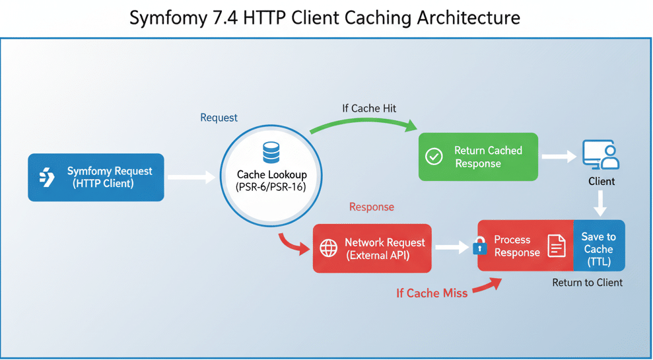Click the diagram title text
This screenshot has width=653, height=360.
pyautogui.click(x=325, y=17)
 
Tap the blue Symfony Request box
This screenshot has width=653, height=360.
pyautogui.click(x=96, y=177)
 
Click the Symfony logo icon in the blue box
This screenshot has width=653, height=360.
pyautogui.click(x=47, y=177)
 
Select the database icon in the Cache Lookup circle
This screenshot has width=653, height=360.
pyautogui.click(x=271, y=153)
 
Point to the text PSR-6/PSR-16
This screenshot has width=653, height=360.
pyautogui.click(x=271, y=187)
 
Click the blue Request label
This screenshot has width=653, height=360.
pyautogui.click(x=219, y=118)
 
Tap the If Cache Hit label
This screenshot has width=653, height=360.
pyautogui.click(x=369, y=108)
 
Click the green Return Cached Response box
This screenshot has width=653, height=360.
pyautogui.click(x=478, y=157)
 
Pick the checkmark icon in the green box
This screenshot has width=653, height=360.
pyautogui.click(x=434, y=157)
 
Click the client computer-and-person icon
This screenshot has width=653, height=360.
pyautogui.click(x=601, y=156)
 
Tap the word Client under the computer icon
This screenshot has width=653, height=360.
pyautogui.click(x=601, y=181)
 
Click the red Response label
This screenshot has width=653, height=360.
pyautogui.click(x=371, y=207)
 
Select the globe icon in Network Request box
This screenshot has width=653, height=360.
pyautogui.click(x=328, y=248)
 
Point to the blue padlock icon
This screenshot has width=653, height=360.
pyautogui.click(x=479, y=248)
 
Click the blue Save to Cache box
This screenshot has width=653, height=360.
pyautogui.click(x=599, y=248)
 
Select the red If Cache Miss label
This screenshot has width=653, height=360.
pyautogui.click(x=432, y=293)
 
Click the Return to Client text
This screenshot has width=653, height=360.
pyautogui.click(x=587, y=283)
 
